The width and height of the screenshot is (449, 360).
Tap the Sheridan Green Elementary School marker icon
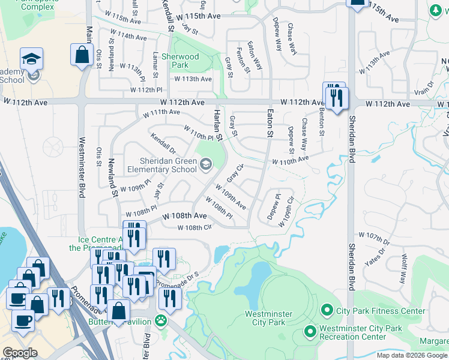coord(206,164)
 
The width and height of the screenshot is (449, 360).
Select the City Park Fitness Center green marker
coord(327,310)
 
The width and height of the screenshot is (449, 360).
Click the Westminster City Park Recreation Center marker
coord(310,331)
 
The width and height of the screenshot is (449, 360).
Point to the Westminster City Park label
coord(268,318)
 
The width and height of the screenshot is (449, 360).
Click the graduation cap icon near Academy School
coord(31,59)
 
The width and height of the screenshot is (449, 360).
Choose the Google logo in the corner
coord(20,353)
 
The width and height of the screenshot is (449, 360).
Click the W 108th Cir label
coord(195,227)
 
